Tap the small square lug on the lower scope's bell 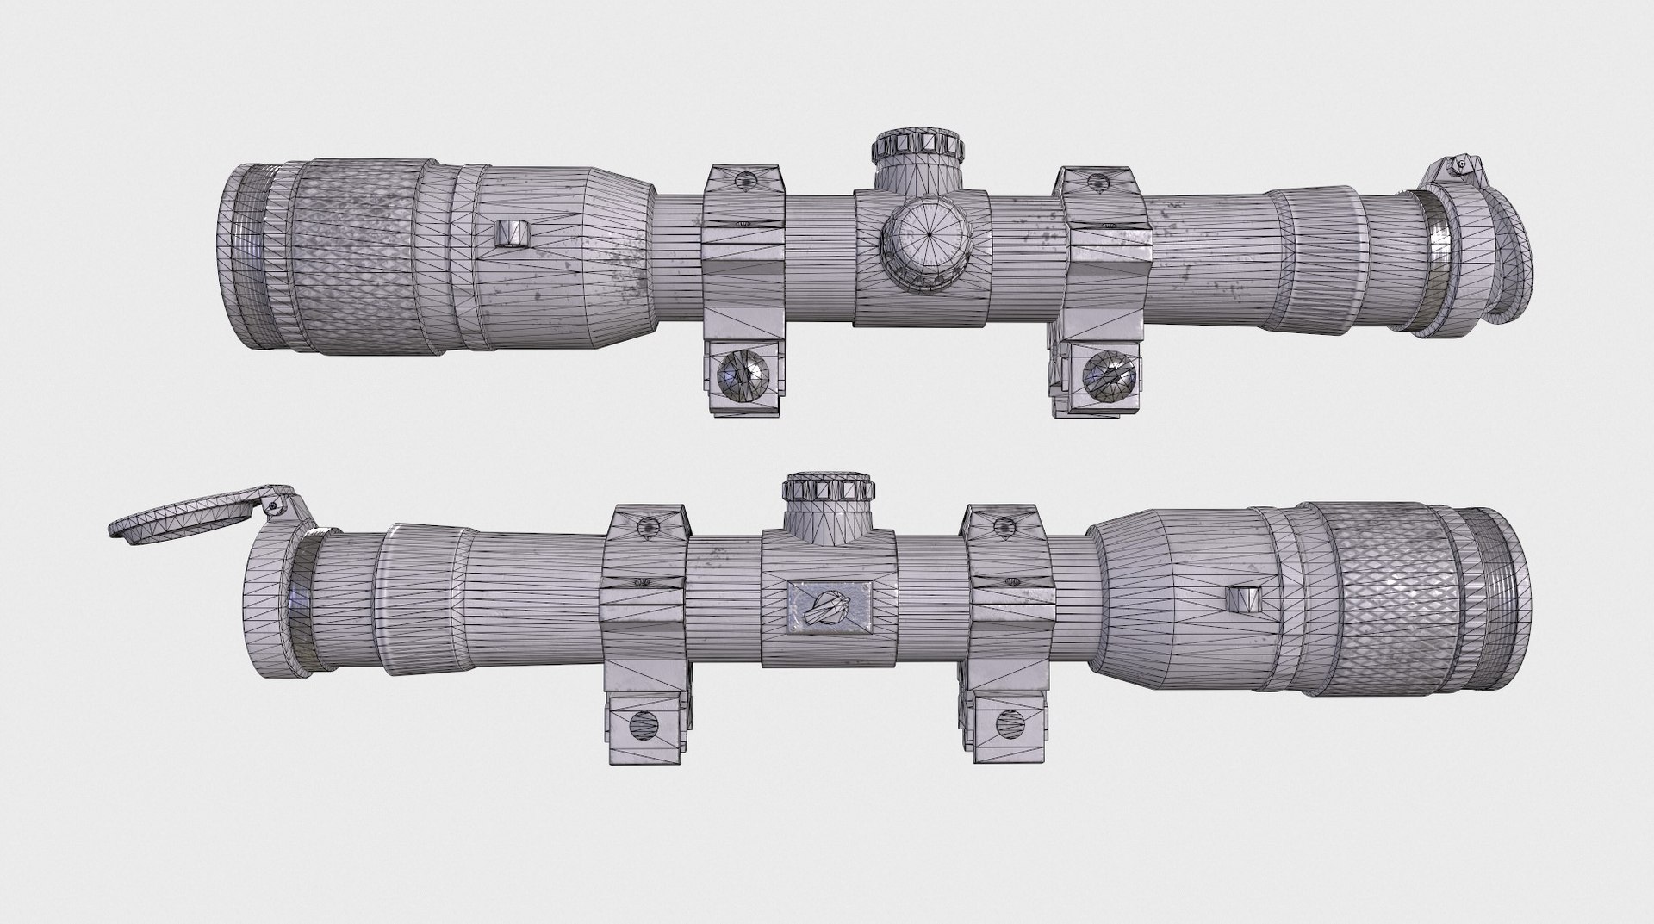1241,599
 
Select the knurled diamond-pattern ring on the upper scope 362,256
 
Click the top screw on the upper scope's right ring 1097,180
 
